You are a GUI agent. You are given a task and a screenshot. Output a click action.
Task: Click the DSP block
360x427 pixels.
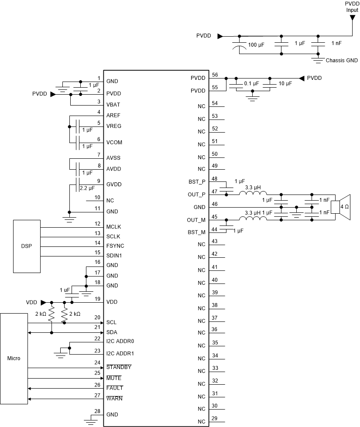point(27,246)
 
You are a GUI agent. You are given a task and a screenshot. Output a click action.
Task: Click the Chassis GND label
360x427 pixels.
point(342,61)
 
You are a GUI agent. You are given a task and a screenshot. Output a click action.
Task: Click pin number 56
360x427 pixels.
point(215,75)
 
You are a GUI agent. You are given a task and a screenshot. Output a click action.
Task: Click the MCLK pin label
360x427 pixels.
point(114,227)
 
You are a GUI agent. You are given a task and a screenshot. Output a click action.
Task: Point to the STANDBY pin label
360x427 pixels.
point(119,367)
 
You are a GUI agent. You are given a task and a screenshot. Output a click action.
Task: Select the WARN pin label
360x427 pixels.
point(114,399)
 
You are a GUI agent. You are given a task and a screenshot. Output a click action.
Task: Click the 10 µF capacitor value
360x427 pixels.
point(285,83)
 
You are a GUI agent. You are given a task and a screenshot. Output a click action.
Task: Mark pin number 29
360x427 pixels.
point(215,418)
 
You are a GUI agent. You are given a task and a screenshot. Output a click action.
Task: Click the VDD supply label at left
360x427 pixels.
point(31,302)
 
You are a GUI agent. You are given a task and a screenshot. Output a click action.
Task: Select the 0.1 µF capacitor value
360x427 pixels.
point(251,83)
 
